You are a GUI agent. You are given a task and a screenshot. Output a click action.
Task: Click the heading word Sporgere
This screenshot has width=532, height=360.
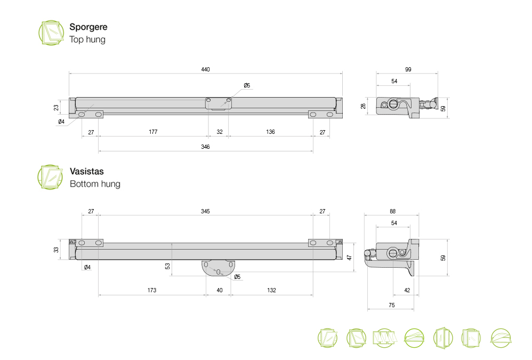(x=88, y=27)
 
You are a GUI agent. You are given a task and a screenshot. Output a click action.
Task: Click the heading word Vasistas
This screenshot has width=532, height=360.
(x=86, y=172)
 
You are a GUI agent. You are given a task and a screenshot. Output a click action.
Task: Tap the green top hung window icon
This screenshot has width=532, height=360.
(x=51, y=33)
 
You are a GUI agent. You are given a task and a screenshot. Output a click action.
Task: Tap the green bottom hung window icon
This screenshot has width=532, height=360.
(x=50, y=177)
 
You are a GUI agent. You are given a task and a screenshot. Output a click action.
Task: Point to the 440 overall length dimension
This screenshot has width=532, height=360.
(x=206, y=69)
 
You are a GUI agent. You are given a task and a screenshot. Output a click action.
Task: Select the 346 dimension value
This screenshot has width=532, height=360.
(x=206, y=147)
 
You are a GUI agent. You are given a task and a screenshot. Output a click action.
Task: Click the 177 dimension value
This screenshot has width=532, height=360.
(x=153, y=132)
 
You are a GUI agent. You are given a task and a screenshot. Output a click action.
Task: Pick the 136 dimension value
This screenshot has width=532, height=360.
(x=270, y=132)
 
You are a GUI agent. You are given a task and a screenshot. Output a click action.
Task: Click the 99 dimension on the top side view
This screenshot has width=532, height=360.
(x=408, y=69)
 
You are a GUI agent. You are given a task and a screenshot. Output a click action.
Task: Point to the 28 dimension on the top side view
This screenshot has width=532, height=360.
(x=364, y=106)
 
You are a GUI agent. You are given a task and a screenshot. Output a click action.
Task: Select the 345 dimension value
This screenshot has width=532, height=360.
(x=205, y=211)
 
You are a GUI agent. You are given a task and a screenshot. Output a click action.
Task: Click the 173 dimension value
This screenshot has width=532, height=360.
(x=152, y=290)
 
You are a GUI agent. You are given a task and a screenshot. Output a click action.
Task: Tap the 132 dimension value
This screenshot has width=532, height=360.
(x=271, y=290)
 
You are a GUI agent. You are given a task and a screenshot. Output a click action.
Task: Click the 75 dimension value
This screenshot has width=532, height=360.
(x=391, y=305)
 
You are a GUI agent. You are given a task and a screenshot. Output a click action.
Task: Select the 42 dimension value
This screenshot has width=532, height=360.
(x=407, y=290)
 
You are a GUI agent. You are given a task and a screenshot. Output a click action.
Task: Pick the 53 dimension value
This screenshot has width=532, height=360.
(x=168, y=266)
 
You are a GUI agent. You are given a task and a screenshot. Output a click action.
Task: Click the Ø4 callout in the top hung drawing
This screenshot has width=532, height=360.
(x=61, y=122)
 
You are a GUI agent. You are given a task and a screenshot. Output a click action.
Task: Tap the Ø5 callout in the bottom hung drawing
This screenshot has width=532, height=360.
(x=238, y=277)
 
